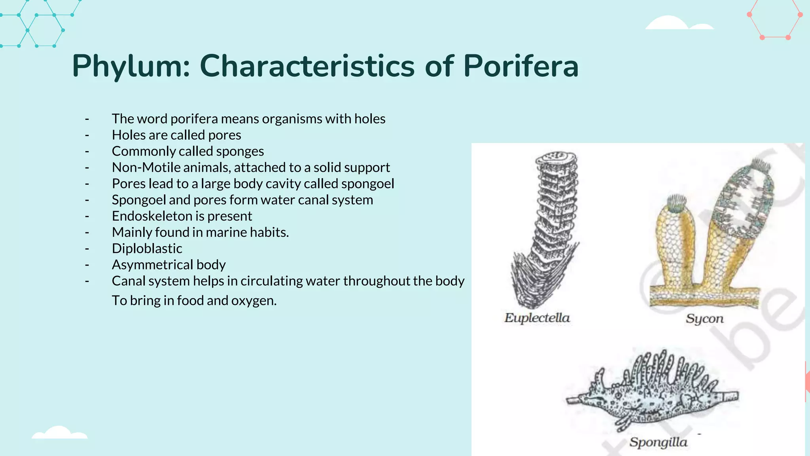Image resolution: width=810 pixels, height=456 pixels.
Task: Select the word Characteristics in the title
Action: pyautogui.click(x=307, y=66)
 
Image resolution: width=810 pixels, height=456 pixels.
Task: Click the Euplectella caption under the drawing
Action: pyautogui.click(x=537, y=318)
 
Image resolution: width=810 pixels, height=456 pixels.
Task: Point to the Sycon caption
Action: pyautogui.click(x=704, y=319)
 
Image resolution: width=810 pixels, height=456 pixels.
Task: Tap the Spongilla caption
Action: pyautogui.click(x=658, y=442)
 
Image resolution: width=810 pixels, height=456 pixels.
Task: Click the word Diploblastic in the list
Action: pyautogui.click(x=147, y=249)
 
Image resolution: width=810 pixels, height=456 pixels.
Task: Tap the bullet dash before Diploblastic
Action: pyautogui.click(x=87, y=249)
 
